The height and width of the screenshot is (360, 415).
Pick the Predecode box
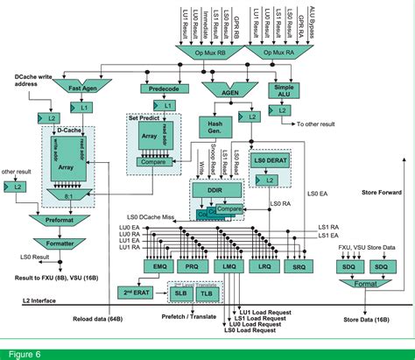(x=164, y=88)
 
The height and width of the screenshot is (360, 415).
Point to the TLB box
(x=206, y=296)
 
